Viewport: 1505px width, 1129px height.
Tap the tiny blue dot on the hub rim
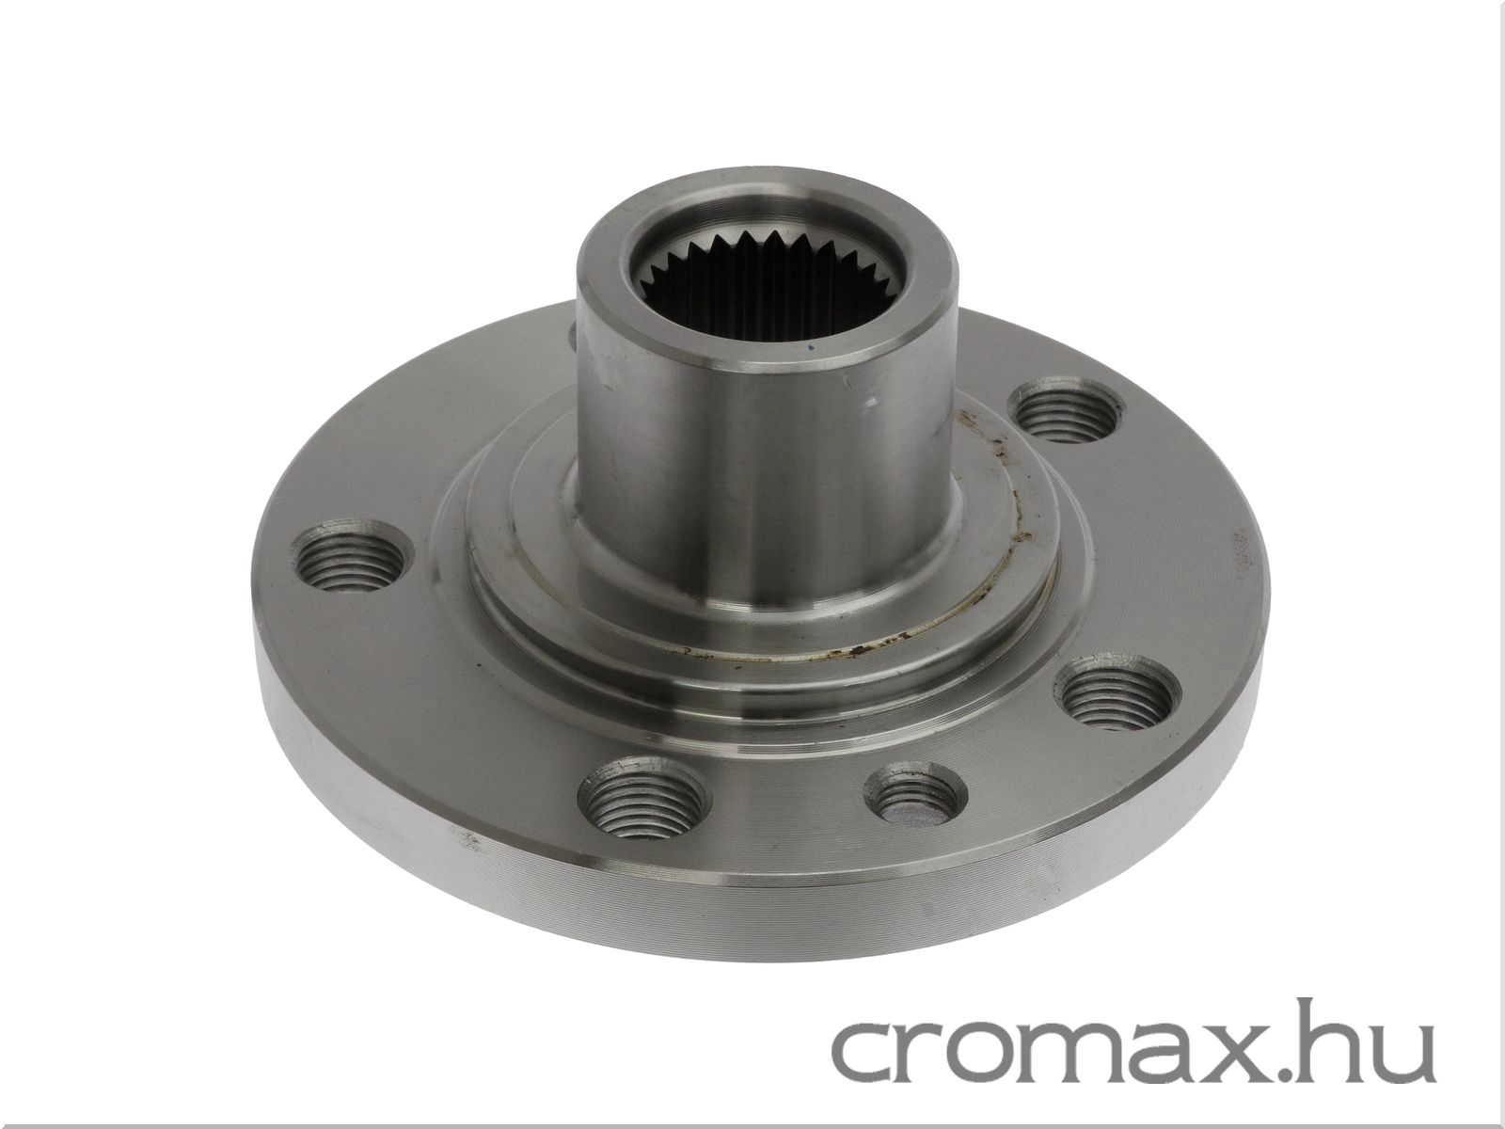click(x=811, y=348)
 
